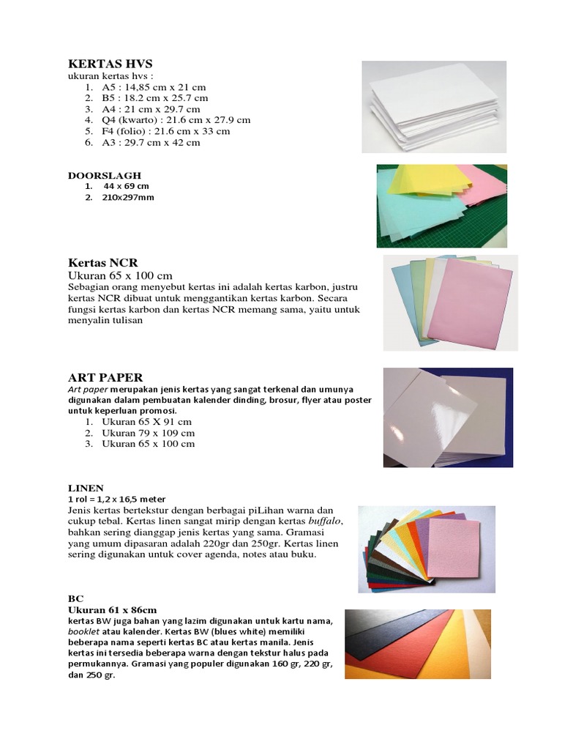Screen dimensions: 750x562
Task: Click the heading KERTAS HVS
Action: pos(110,64)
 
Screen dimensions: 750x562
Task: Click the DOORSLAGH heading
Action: pos(105,176)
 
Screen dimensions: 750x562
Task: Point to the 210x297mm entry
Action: pos(128,197)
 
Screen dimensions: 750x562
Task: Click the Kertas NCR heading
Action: pos(103,262)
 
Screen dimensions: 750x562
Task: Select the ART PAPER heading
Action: pos(105,378)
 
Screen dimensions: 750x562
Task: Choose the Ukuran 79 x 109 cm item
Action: pos(148,433)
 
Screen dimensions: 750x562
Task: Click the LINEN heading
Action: pos(86,488)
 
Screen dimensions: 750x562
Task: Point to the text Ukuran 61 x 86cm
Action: pos(112,609)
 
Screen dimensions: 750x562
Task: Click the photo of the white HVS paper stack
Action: pos(433,106)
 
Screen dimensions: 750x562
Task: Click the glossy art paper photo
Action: pos(448,417)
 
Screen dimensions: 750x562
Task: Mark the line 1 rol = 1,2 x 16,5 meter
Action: pos(116,499)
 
